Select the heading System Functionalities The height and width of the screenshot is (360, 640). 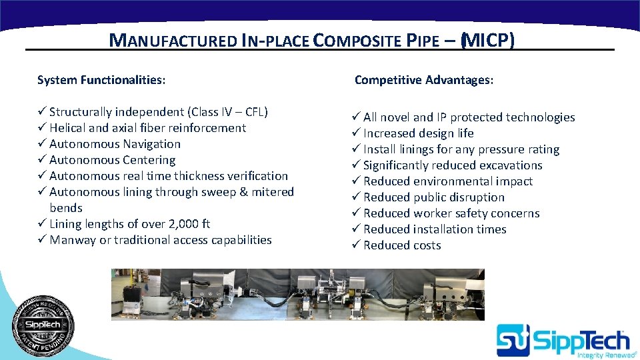pyautogui.click(x=101, y=80)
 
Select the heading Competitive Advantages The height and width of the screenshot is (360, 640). pyautogui.click(x=424, y=80)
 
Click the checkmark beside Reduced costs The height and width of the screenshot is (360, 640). pyautogui.click(x=356, y=245)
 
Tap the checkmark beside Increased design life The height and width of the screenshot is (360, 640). pyautogui.click(x=356, y=133)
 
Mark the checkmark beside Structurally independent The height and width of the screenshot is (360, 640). pyautogui.click(x=42, y=112)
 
